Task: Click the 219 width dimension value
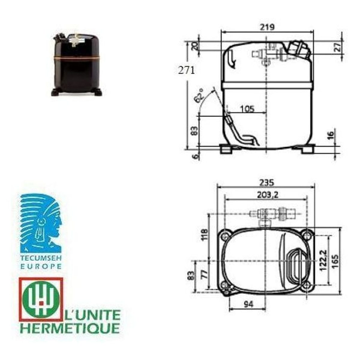pos(268,27)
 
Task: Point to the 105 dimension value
pos(247,109)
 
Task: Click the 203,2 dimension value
pos(268,195)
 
